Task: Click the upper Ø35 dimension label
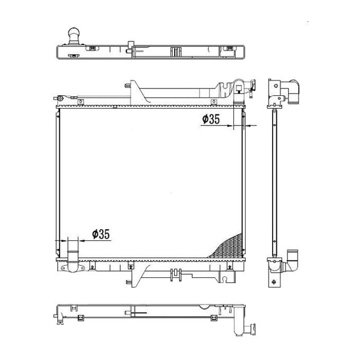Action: click(x=210, y=120)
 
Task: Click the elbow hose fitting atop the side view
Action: click(x=291, y=91)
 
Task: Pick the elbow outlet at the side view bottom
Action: click(x=292, y=260)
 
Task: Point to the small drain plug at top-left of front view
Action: click(x=62, y=98)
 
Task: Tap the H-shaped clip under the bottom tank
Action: click(x=175, y=275)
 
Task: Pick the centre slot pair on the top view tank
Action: click(x=174, y=52)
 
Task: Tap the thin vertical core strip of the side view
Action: click(x=274, y=180)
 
